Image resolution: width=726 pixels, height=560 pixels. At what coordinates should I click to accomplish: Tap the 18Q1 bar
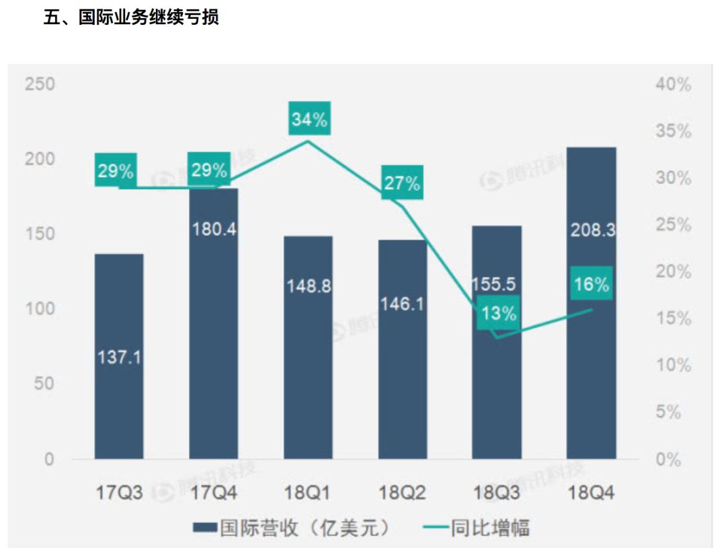tap(308, 376)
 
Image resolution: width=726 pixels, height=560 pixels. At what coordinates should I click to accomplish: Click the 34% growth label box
tap(309, 120)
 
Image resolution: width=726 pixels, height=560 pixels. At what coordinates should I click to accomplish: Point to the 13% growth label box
tap(498, 313)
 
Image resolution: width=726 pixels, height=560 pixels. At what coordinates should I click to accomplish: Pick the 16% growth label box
tap(592, 284)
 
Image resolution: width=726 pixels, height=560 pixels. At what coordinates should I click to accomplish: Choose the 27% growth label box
tap(403, 182)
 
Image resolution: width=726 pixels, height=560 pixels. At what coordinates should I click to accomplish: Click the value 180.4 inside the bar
tap(214, 229)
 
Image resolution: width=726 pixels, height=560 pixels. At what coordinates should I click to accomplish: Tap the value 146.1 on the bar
tap(402, 305)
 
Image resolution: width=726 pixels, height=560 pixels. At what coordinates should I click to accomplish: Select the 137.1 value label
tap(119, 356)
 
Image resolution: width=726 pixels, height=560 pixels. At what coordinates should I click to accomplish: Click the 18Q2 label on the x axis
tap(402, 494)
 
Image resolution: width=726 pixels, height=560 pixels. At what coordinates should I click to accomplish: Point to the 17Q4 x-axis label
tap(214, 494)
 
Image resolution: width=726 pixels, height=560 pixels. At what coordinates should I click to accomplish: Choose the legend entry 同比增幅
tap(477, 528)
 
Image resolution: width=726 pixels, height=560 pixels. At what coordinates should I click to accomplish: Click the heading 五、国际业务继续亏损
tap(131, 18)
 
